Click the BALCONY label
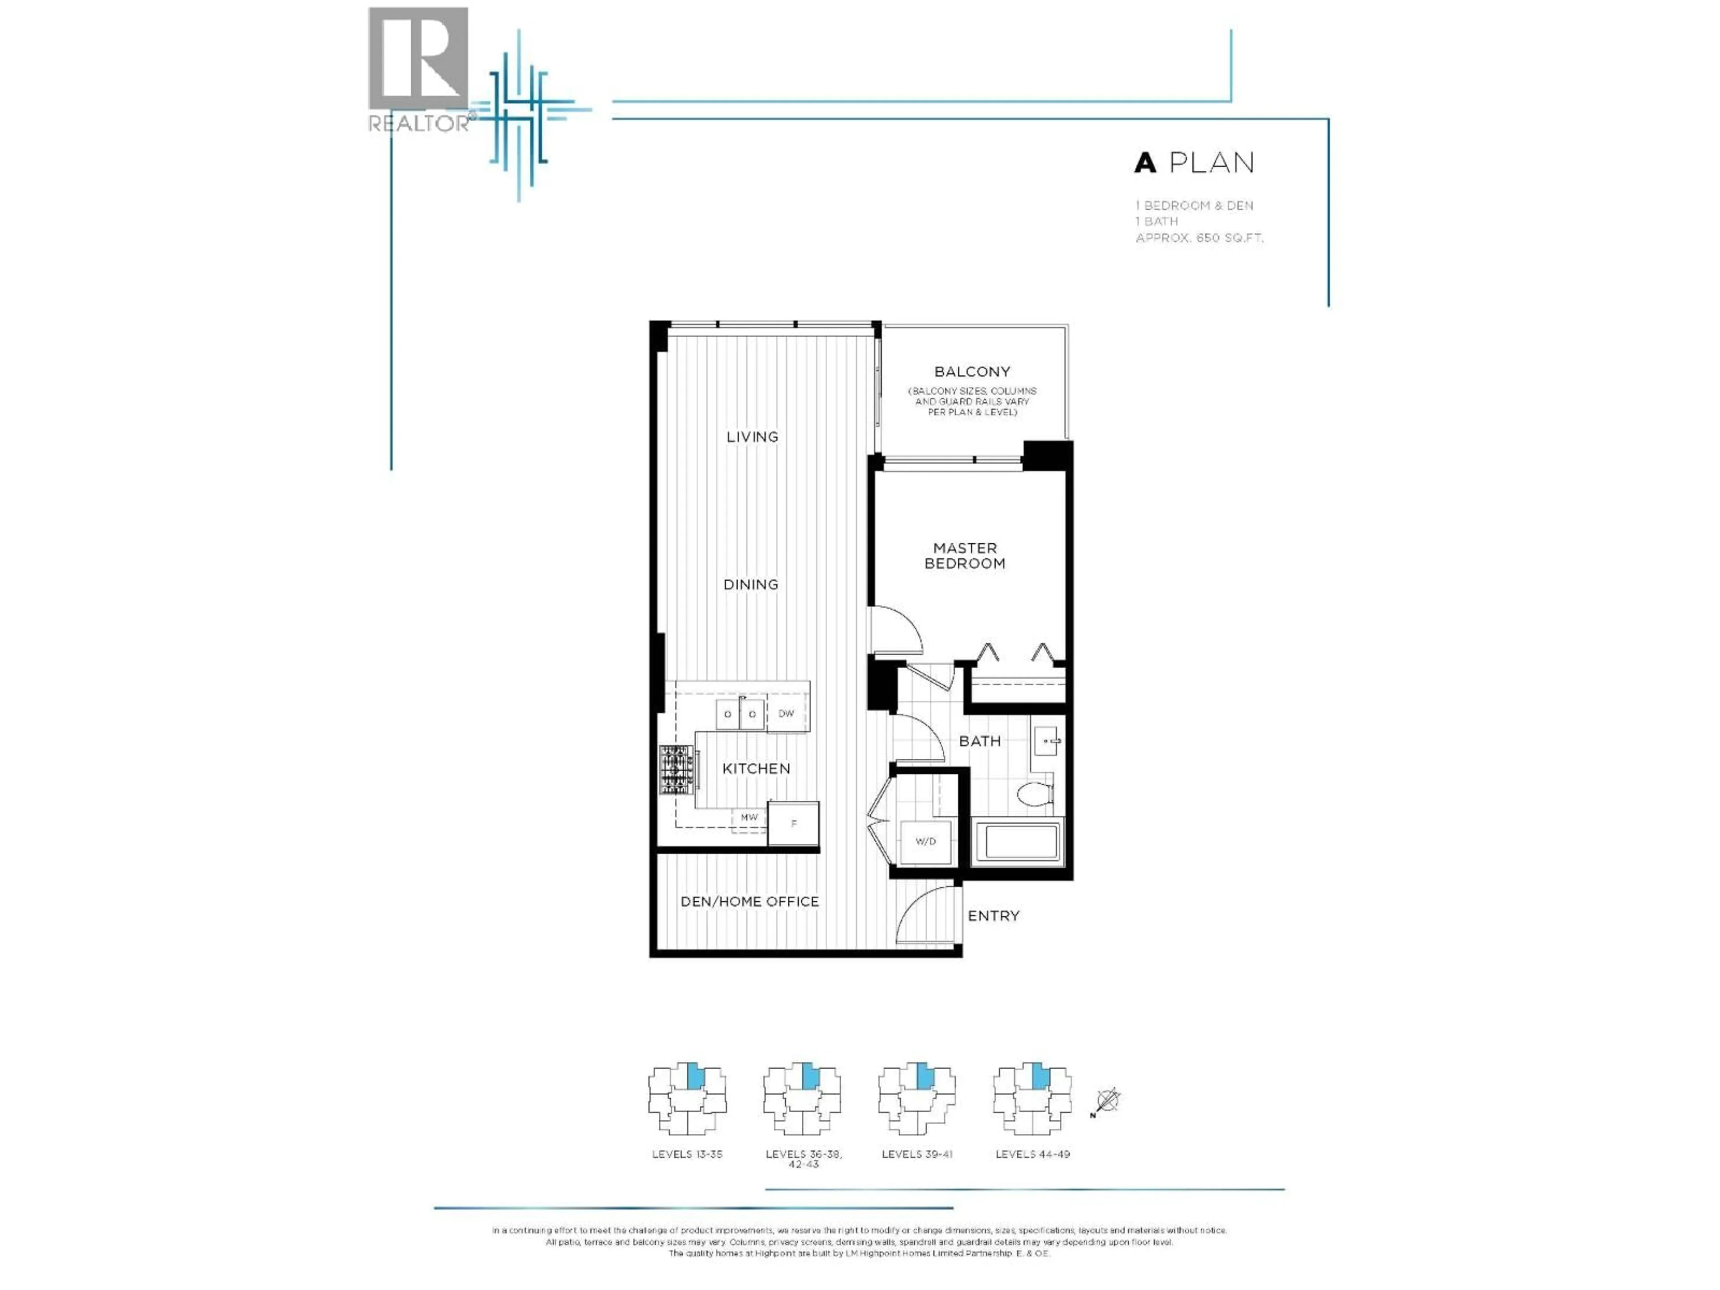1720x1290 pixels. point(972,372)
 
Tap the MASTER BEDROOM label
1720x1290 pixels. point(964,556)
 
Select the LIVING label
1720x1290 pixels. point(752,437)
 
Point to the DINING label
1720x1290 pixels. point(750,585)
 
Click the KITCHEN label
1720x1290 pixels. point(756,768)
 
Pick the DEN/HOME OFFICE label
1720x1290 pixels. point(749,901)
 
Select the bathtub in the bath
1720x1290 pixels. point(1016,841)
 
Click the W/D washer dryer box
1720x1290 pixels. point(925,841)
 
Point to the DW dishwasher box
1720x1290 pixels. point(786,713)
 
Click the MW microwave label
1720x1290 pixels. point(749,817)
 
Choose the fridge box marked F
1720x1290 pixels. point(793,823)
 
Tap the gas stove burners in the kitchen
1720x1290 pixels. point(677,770)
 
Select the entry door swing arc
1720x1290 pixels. point(925,914)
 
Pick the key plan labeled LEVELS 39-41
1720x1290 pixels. point(917,1100)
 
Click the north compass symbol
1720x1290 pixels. point(1107,1101)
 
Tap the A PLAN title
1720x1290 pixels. point(1194,163)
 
